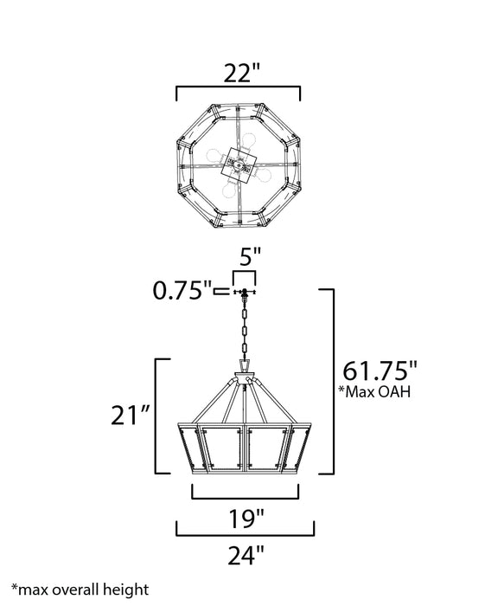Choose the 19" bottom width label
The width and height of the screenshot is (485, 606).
[245, 519]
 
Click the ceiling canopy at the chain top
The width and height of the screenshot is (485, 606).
[246, 292]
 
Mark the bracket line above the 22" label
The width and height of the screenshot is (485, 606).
[238, 87]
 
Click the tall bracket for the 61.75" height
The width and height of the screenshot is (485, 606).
[334, 381]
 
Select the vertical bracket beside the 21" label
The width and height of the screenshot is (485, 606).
[156, 416]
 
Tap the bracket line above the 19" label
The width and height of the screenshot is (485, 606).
[245, 498]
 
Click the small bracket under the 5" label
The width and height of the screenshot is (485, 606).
[244, 274]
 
